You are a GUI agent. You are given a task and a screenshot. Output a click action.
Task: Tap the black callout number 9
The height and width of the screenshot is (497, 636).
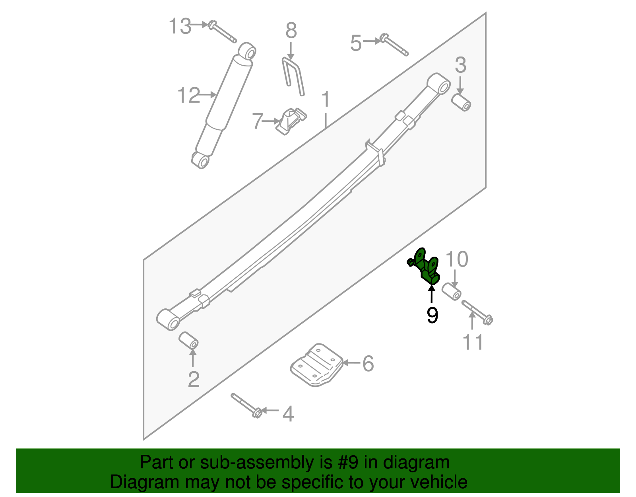point(432,316)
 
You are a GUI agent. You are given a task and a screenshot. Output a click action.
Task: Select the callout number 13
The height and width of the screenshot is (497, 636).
point(180,27)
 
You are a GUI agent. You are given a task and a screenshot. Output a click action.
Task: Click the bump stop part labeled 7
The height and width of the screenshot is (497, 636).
point(291,121)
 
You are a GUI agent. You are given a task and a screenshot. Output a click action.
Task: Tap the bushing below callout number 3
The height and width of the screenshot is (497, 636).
point(461,102)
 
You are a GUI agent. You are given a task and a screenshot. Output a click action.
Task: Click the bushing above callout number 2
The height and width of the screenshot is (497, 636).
point(188,341)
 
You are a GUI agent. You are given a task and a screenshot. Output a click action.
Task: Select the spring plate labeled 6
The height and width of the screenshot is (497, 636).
point(317,365)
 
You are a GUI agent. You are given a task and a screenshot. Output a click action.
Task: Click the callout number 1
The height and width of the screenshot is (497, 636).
point(326,99)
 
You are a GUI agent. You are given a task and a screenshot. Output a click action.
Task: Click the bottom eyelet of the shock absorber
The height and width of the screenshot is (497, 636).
point(201,160)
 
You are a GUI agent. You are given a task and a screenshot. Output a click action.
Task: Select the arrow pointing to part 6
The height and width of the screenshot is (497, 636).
point(351,363)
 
